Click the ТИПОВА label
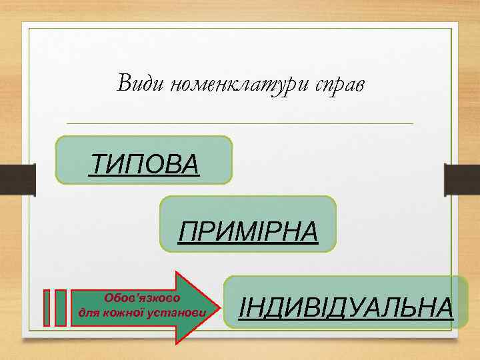pos(144,163)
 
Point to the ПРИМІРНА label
pos(248,233)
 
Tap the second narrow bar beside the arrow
pos(60,307)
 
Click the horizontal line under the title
pos(240,123)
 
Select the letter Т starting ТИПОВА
pos(97,163)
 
